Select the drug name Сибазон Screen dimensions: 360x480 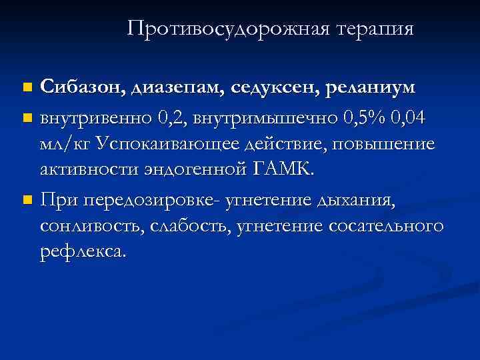[81, 87]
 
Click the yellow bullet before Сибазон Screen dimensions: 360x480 [26, 87]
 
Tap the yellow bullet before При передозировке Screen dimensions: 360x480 [26, 199]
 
